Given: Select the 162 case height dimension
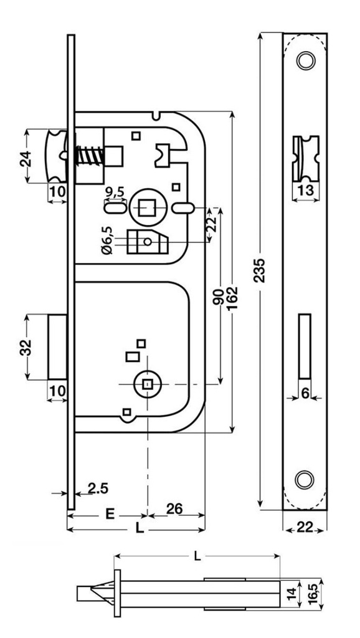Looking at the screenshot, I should point(234,300).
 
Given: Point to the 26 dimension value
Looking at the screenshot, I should point(174,509).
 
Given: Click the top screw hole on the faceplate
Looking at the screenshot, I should point(304,61).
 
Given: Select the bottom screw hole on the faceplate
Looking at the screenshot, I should point(304,479).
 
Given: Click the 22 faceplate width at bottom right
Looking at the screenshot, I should point(305,528).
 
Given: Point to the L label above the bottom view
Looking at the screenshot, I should point(197,556).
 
